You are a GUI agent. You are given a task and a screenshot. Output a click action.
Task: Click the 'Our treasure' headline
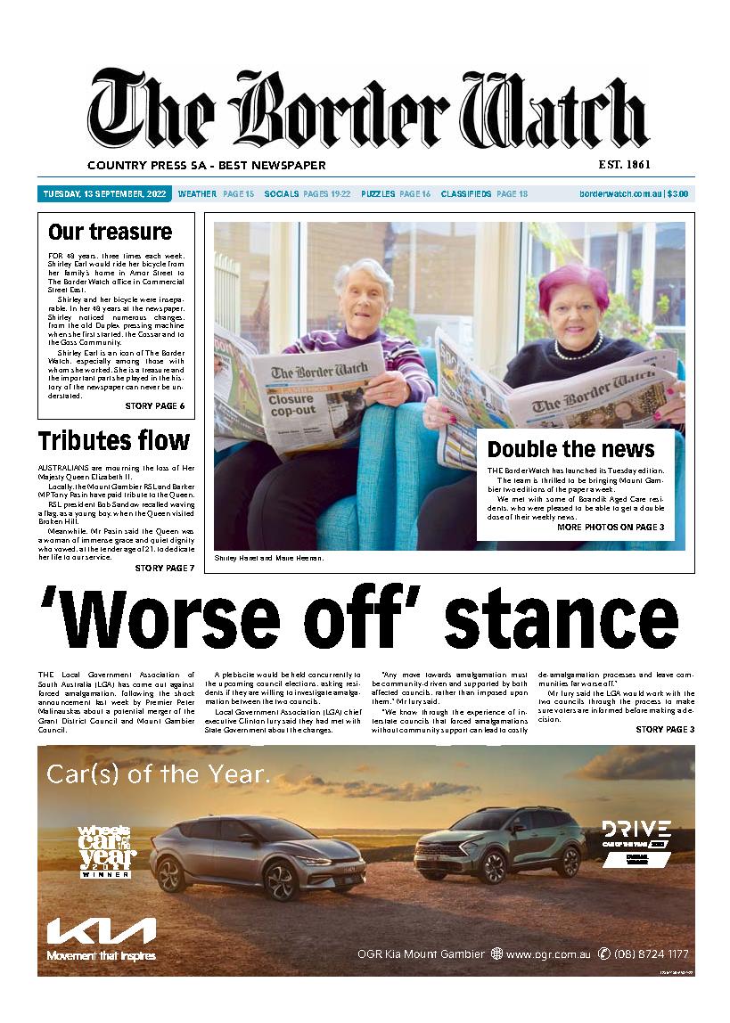coord(110,233)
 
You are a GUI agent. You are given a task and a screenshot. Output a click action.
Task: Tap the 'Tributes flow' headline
coord(113,440)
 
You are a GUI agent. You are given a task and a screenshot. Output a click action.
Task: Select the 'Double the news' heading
coord(570,449)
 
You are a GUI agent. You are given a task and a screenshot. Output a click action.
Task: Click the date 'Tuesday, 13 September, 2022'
coord(105,193)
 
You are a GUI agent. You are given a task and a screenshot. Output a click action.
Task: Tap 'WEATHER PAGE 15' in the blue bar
coord(216,193)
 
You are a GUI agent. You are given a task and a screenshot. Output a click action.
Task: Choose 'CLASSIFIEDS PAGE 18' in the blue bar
coord(484,193)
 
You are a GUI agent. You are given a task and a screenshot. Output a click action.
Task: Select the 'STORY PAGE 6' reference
coord(155,406)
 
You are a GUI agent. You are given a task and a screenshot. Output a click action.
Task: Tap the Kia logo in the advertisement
coord(102,933)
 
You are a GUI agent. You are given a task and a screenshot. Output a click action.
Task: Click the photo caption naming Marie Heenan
coord(268,558)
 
